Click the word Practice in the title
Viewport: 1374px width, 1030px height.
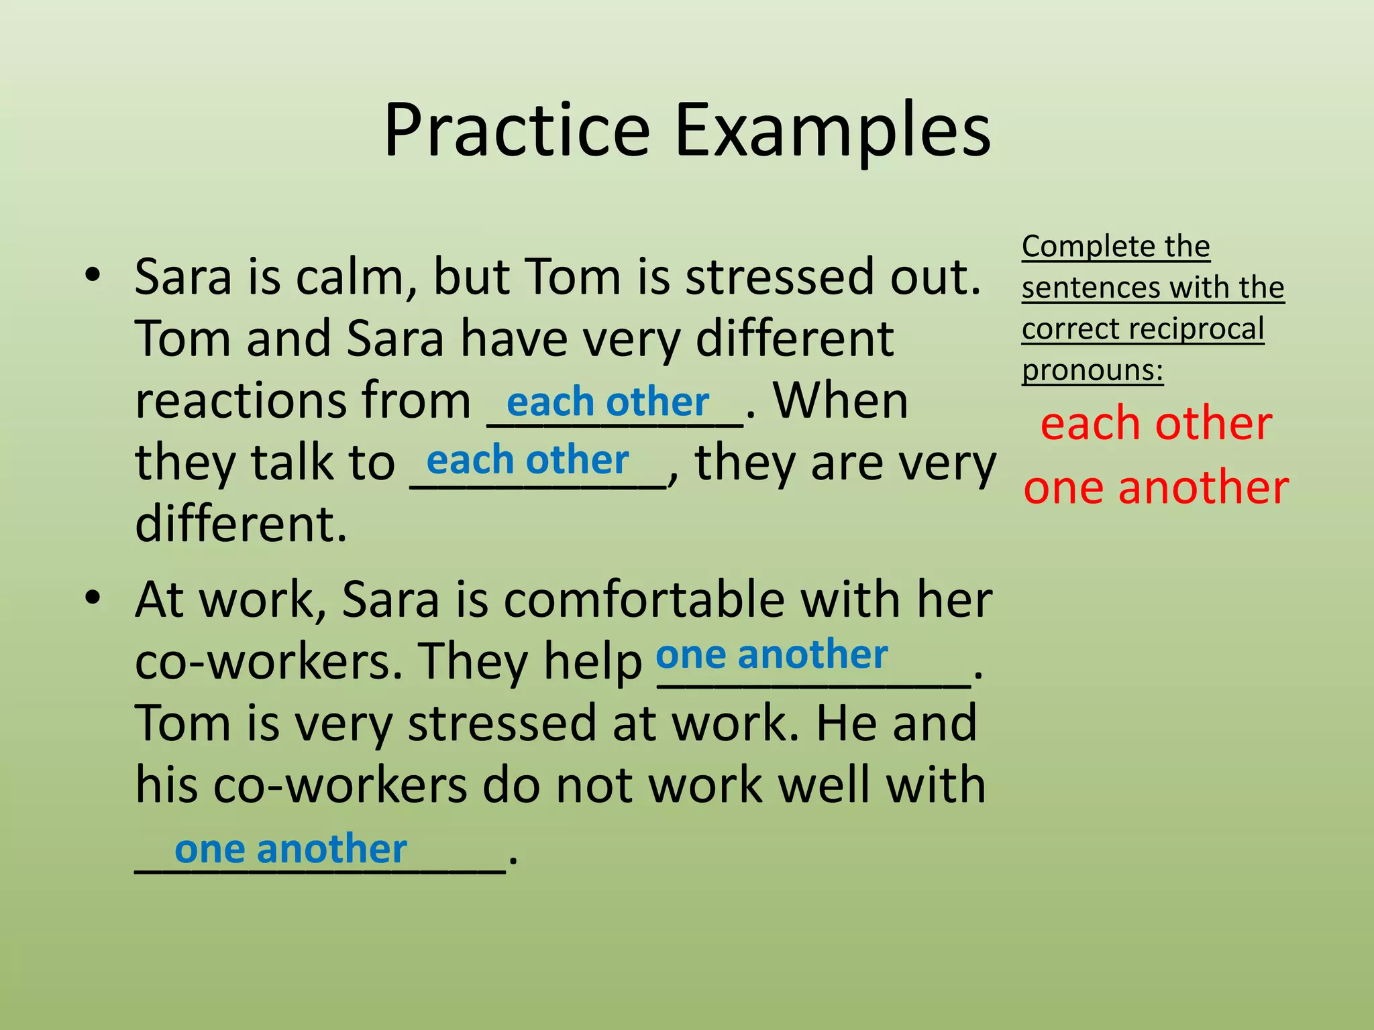pos(517,131)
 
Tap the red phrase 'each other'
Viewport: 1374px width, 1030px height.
pos(1156,424)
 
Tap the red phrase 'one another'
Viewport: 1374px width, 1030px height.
pos(1156,487)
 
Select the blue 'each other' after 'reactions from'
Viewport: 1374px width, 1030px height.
pos(608,402)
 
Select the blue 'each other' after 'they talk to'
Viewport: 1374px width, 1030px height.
pos(527,461)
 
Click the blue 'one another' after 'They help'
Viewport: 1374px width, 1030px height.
pos(772,654)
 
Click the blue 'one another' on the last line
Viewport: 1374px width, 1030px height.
pos(290,850)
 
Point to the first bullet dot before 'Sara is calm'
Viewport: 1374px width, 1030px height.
pos(93,275)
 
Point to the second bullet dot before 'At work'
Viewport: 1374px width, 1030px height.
pos(93,597)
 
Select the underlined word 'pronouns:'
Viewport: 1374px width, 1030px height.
pos(1092,370)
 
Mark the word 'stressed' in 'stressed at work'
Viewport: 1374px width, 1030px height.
pos(502,724)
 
